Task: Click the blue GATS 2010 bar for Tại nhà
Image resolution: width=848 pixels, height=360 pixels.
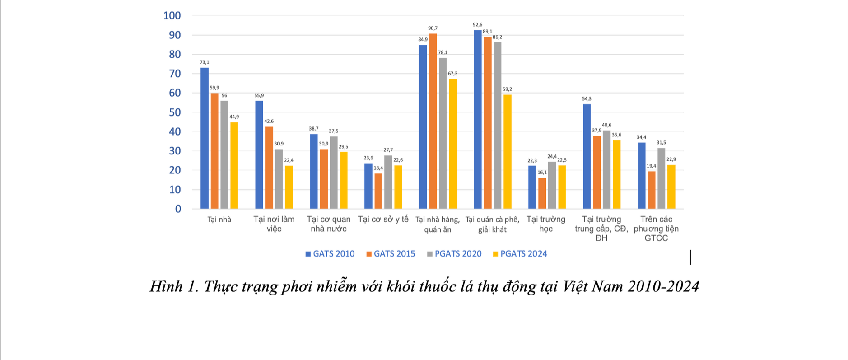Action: pos(205,138)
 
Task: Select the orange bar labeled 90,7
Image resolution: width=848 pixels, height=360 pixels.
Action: pos(433,121)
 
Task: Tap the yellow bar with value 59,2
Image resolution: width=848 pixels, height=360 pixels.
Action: pos(508,152)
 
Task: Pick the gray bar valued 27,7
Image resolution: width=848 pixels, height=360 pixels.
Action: pos(388,182)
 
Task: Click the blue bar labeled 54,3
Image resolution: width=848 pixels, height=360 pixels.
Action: pos(587,156)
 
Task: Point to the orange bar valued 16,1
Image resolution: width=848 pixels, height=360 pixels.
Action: pos(542,193)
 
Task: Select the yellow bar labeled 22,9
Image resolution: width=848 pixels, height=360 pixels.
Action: pos(671,187)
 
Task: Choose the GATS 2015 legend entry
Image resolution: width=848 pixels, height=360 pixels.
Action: pos(391,254)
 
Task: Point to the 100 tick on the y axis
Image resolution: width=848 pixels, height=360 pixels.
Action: pos(172,16)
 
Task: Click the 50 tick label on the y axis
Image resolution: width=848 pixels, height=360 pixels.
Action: pos(175,112)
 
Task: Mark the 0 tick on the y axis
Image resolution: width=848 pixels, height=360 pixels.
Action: pos(178,209)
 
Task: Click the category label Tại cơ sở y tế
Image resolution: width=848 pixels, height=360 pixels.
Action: pos(383,220)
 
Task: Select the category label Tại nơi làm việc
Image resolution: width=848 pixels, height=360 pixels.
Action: pos(274,224)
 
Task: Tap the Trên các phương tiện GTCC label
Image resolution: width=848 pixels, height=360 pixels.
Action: pos(656,229)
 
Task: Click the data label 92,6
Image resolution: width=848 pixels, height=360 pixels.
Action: pos(477,25)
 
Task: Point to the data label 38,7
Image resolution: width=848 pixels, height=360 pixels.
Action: pos(313,129)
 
